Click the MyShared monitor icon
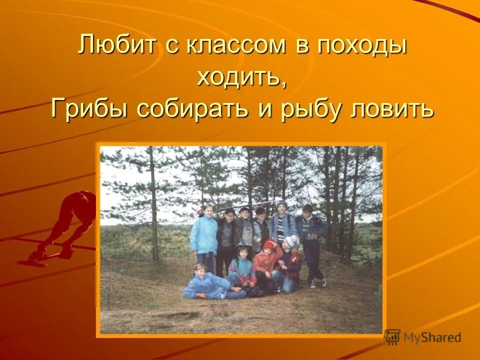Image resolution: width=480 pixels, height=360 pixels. (x=392, y=336)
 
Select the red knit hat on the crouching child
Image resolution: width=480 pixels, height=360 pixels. (x=269, y=245)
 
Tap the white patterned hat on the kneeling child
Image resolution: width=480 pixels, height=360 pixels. (x=291, y=242)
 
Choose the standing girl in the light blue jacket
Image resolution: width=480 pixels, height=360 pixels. (x=204, y=235)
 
